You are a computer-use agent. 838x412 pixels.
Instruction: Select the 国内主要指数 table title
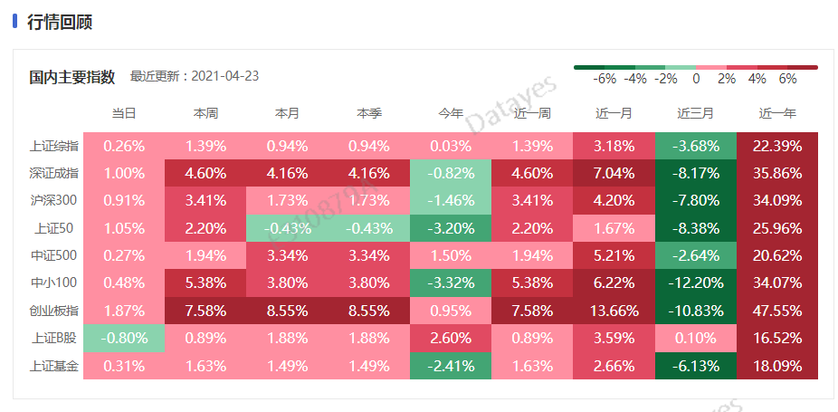71,77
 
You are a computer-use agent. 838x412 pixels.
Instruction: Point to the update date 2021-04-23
226,76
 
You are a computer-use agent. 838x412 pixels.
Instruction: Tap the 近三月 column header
695,113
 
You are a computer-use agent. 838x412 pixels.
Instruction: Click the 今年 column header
451,113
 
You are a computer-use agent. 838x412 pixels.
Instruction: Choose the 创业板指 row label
54,311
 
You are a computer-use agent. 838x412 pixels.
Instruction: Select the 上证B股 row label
54,340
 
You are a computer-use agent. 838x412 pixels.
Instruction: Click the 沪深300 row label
54,201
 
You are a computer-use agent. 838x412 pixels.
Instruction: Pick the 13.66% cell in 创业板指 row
614,311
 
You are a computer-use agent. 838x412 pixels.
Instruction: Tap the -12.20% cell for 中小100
695,284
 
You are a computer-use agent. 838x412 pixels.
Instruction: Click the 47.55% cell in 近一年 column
776,311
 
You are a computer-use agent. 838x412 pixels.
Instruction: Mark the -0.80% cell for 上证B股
124,340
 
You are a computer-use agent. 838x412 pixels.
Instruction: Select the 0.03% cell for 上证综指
451,146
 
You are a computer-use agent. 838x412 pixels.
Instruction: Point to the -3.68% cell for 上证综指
695,146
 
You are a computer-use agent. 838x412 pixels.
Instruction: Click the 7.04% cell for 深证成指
614,174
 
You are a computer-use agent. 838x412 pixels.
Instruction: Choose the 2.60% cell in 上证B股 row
451,340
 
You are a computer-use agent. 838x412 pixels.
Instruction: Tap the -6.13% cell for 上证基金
695,367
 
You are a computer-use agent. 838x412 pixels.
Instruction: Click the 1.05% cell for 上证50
124,229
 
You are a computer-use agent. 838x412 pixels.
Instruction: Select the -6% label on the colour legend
605,80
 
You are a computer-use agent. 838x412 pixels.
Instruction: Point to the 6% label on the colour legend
787,80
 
